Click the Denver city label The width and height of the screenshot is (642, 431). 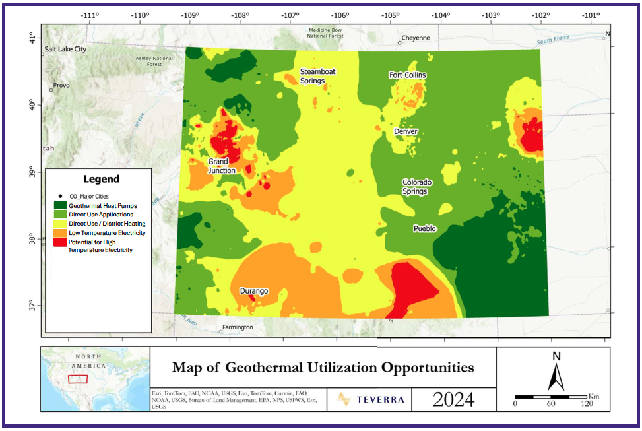(x=406, y=131)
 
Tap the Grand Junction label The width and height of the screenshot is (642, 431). (x=222, y=166)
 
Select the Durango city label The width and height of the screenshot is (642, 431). (x=253, y=290)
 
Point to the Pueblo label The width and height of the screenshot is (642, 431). (x=425, y=228)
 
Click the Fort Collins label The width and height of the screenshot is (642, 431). (x=407, y=75)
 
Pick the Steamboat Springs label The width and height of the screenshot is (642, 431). (x=313, y=76)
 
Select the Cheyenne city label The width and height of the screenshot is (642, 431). (x=416, y=38)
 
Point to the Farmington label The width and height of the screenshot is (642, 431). (x=238, y=327)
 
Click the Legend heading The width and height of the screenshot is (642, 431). (x=101, y=179)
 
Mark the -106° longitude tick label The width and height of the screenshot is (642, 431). (x=340, y=15)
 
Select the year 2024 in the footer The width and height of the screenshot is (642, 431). (x=454, y=399)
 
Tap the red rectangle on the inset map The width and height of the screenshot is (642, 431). (x=78, y=379)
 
